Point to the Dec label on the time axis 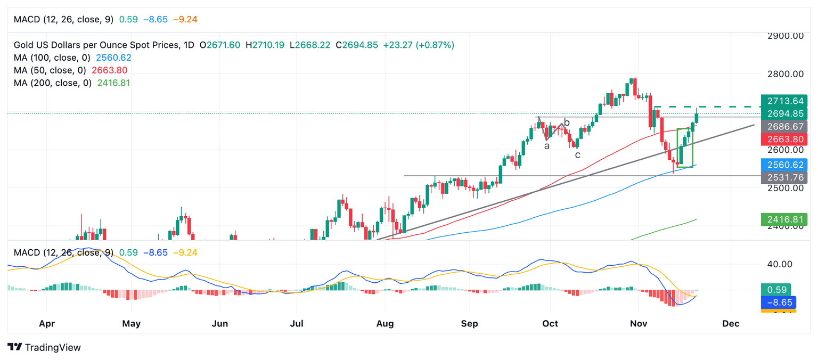(x=731, y=324)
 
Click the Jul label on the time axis (x=297, y=324)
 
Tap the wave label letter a (x=546, y=145)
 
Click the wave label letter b (x=567, y=122)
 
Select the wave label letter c (x=577, y=155)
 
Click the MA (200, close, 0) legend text (x=53, y=83)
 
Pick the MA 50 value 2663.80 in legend (x=110, y=70)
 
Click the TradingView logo (x=45, y=347)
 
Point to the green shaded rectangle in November (x=685, y=148)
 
